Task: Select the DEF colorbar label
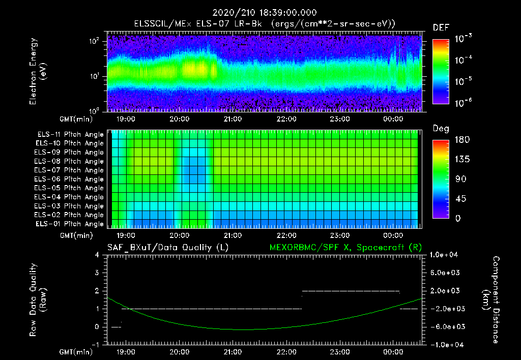point(441,27)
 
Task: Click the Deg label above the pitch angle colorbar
point(441,129)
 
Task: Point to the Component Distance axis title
point(493,300)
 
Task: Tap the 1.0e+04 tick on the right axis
point(446,255)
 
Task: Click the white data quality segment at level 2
point(351,291)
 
